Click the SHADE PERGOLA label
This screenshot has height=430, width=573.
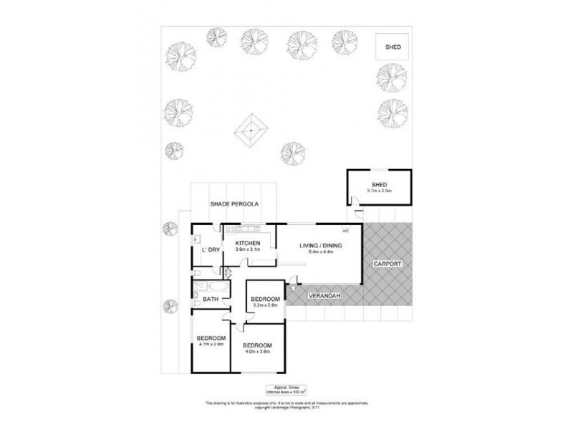[233, 204]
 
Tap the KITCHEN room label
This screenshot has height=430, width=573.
[247, 244]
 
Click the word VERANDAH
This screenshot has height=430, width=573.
[324, 295]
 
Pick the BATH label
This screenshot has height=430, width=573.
[211, 300]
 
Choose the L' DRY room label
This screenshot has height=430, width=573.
[210, 249]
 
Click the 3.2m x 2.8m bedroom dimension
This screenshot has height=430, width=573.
[265, 306]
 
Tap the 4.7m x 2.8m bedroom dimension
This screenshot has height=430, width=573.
[211, 345]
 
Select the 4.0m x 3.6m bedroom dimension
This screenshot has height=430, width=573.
[257, 352]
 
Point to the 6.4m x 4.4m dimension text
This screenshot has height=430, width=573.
[320, 252]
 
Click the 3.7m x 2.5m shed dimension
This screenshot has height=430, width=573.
[380, 191]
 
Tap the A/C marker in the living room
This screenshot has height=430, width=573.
[345, 231]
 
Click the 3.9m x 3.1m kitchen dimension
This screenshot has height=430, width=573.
[247, 251]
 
